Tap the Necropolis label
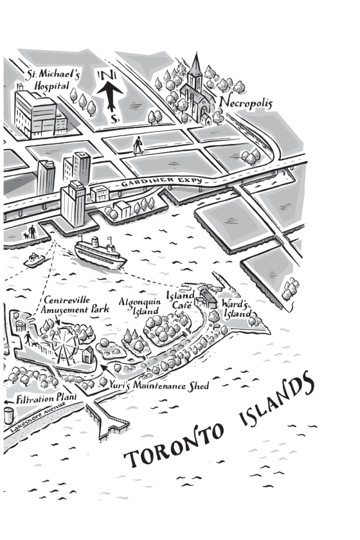tap(246, 102)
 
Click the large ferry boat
tap(100, 252)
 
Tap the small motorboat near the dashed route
tap(34, 260)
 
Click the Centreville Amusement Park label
tap(75, 305)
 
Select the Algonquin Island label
tap(140, 306)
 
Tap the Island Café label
tap(180, 300)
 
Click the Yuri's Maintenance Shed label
tap(159, 385)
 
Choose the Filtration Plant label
tap(46, 398)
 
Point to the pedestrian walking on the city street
tap(138, 145)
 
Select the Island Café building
tap(206, 298)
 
